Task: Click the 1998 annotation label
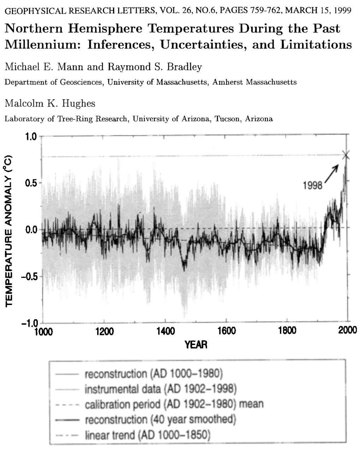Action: pyautogui.click(x=313, y=185)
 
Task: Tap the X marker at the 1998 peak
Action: pyautogui.click(x=346, y=155)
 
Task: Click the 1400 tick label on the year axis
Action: pyautogui.click(x=165, y=331)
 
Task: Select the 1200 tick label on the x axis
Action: pyautogui.click(x=104, y=331)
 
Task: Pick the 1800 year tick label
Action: pyautogui.click(x=287, y=331)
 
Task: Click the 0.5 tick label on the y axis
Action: pyautogui.click(x=31, y=183)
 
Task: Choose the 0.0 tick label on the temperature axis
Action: pyautogui.click(x=31, y=230)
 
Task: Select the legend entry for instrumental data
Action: pyautogui.click(x=160, y=389)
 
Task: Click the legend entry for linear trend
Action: pyautogui.click(x=147, y=435)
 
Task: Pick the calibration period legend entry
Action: pyautogui.click(x=174, y=404)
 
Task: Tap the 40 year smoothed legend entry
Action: pyautogui.click(x=160, y=420)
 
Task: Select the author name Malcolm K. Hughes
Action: pyautogui.click(x=50, y=103)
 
